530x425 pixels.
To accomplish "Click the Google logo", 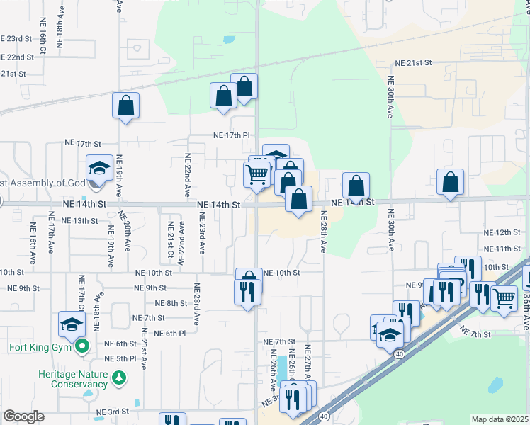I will (x=23, y=416).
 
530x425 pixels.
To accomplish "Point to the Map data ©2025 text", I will (x=500, y=419).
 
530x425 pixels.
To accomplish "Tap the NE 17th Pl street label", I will (x=232, y=135).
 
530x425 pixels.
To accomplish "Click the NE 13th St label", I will (x=79, y=220).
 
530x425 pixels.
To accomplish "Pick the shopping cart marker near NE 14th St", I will (x=256, y=173).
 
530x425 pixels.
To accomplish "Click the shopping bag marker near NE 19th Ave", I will (x=125, y=106).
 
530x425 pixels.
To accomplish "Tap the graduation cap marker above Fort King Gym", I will (x=72, y=324).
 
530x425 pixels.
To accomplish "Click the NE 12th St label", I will (x=502, y=232).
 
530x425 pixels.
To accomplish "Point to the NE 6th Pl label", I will (x=169, y=333).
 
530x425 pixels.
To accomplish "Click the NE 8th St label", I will (x=169, y=303).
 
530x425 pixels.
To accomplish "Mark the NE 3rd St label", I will (x=113, y=411).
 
